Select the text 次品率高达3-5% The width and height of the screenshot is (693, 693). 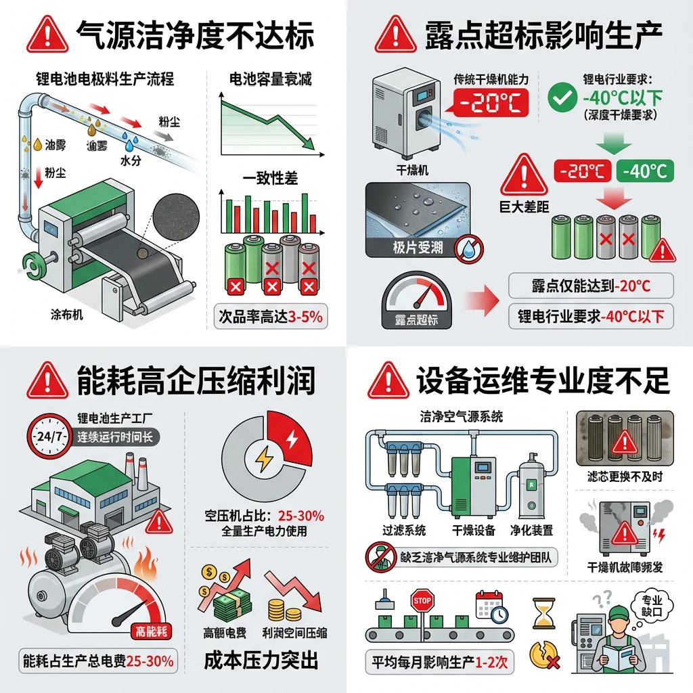(x=269, y=316)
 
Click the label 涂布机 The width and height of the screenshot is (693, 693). (x=67, y=314)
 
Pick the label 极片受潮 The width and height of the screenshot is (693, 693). (x=418, y=248)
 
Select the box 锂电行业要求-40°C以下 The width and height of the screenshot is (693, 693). (x=591, y=315)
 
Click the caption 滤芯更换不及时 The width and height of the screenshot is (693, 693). (x=624, y=477)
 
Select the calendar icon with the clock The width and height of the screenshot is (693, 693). (x=492, y=604)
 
